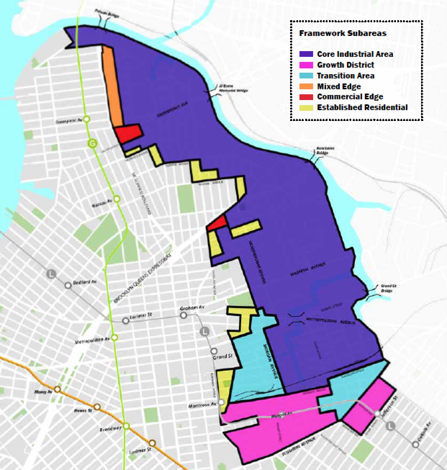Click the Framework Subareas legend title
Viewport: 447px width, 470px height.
point(343,33)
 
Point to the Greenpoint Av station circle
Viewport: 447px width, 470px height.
point(87,120)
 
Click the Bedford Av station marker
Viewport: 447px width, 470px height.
point(68,285)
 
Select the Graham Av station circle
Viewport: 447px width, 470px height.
point(183,315)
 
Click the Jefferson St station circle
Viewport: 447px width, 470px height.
point(377,414)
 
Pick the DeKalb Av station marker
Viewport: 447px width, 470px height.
point(416,444)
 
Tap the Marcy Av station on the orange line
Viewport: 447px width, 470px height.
point(57,389)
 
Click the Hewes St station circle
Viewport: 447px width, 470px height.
point(98,407)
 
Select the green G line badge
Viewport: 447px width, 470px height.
point(92,144)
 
